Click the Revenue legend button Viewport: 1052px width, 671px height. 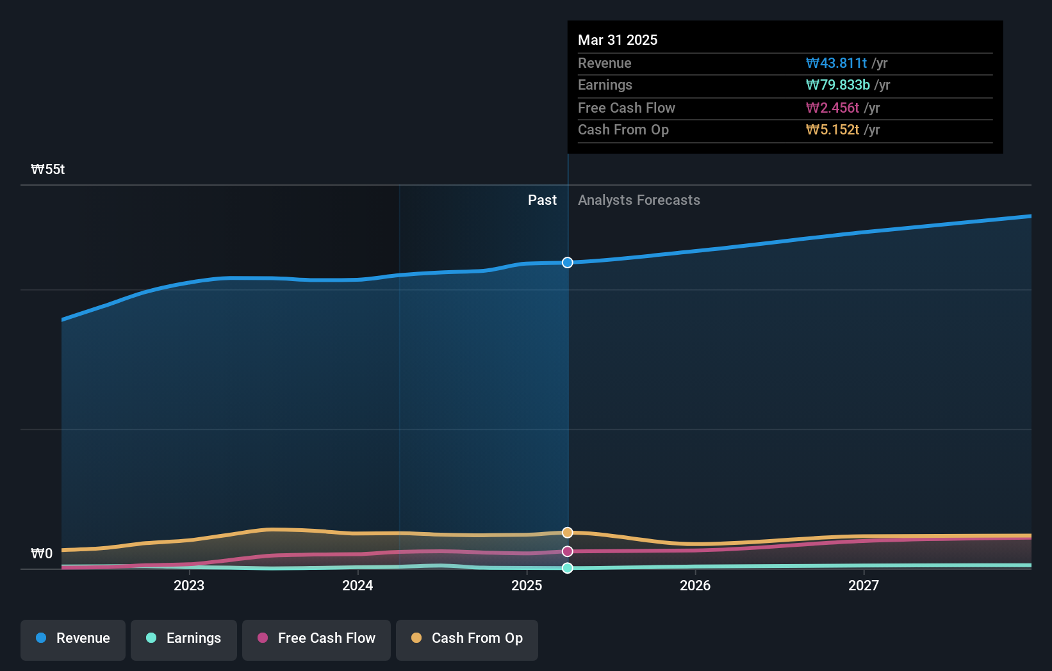pyautogui.click(x=73, y=638)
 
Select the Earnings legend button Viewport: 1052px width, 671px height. pyautogui.click(x=184, y=638)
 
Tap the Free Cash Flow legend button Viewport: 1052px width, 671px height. pyautogui.click(x=316, y=638)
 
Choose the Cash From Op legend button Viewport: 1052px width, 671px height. pyautogui.click(x=467, y=638)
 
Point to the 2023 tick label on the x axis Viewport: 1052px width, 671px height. pyautogui.click(x=189, y=585)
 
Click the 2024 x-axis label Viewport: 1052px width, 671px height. pyautogui.click(x=358, y=585)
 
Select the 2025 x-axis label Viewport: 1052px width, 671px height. pyautogui.click(x=527, y=585)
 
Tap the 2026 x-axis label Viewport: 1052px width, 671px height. pyautogui.click(x=695, y=585)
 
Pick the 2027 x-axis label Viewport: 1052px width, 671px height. pyautogui.click(x=864, y=585)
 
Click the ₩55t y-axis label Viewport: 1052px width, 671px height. pyautogui.click(x=48, y=170)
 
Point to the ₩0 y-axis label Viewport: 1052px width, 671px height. pyautogui.click(x=42, y=554)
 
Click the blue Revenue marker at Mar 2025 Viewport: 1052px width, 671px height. pyautogui.click(x=568, y=263)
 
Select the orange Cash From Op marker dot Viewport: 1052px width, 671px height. pyautogui.click(x=568, y=533)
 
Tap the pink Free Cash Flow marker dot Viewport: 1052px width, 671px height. pyautogui.click(x=568, y=551)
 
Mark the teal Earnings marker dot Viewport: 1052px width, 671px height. pyautogui.click(x=568, y=568)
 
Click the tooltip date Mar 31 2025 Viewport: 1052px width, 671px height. pyautogui.click(x=618, y=40)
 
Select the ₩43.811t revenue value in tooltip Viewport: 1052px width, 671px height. pyautogui.click(x=836, y=63)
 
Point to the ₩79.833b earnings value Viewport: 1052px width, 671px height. pyautogui.click(x=837, y=85)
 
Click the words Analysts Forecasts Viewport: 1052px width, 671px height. pyautogui.click(x=639, y=200)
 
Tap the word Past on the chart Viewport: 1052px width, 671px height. pyautogui.click(x=542, y=200)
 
